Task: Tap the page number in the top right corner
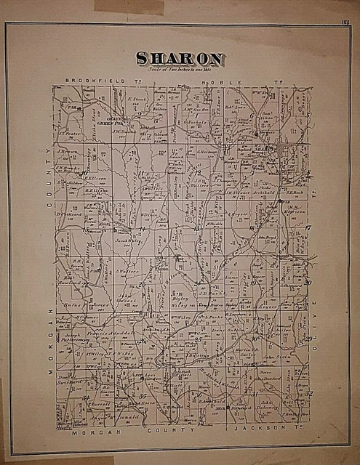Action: coord(344,21)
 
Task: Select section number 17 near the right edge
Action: coord(307,227)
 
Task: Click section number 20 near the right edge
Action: coord(308,283)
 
